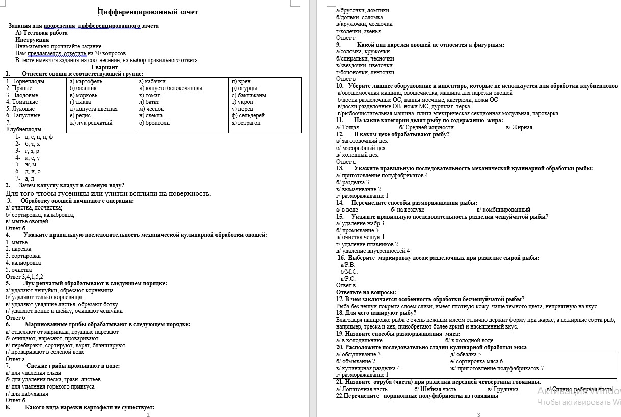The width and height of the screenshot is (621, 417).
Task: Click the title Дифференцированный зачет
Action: click(x=148, y=12)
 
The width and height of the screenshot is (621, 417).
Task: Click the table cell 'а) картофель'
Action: click(x=86, y=81)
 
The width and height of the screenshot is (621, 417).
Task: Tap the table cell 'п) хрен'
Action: click(x=240, y=81)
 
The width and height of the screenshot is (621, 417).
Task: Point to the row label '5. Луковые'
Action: click(x=20, y=109)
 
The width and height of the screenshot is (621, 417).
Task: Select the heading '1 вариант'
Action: click(x=104, y=67)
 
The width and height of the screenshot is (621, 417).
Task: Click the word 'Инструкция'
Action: click(x=32, y=39)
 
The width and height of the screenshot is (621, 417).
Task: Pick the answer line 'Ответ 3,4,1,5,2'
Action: click(x=24, y=277)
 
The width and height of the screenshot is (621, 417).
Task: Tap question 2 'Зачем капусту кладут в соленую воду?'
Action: click(x=71, y=185)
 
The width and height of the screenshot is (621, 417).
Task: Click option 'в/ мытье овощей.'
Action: click(x=28, y=221)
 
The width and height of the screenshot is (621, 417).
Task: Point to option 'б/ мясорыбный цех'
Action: click(x=361, y=148)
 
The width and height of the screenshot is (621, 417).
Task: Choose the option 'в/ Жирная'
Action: click(x=519, y=127)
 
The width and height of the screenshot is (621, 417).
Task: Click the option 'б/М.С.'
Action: click(x=349, y=272)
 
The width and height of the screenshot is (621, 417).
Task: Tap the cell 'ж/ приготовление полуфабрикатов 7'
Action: click(x=497, y=368)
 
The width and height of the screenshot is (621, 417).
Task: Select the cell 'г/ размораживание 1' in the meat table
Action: click(x=362, y=375)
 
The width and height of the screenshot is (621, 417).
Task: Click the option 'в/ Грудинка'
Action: click(x=502, y=389)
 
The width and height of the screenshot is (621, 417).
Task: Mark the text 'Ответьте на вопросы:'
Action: click(x=366, y=292)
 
